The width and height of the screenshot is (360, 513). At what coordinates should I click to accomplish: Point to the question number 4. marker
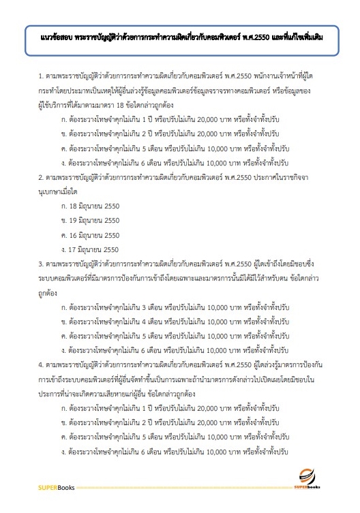[x=42, y=364]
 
